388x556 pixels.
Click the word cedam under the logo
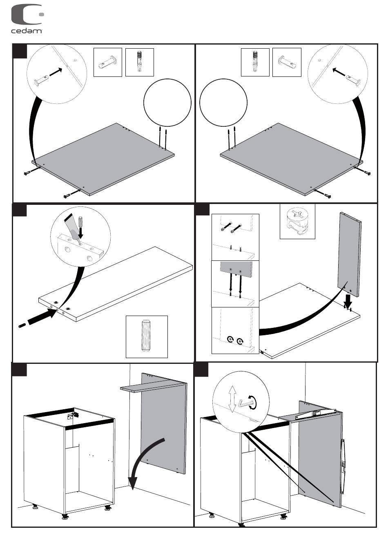[26, 31]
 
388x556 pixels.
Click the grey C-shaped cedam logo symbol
[25, 15]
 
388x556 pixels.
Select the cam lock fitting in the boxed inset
[297, 221]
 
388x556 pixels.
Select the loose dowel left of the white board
[22, 325]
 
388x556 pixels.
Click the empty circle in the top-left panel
[167, 103]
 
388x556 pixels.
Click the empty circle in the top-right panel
[223, 103]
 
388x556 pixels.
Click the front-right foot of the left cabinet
[108, 508]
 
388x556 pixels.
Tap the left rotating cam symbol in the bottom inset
[230, 339]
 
